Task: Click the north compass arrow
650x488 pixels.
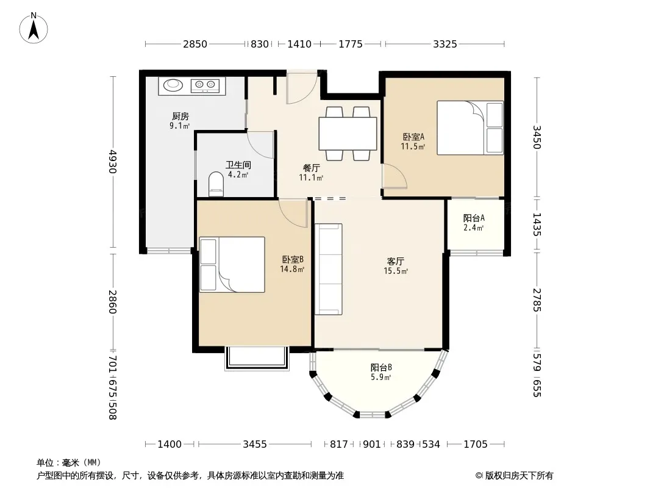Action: pos(34,29)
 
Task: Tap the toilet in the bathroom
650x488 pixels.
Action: pos(216,184)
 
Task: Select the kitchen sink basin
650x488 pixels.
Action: pos(173,85)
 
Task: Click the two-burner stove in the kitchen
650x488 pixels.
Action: pos(205,85)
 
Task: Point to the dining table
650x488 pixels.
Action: pos(348,134)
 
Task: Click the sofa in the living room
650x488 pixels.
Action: pos(328,269)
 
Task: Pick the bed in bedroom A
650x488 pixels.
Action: pos(470,127)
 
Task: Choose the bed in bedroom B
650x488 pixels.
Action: pos(232,265)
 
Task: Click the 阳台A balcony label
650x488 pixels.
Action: pos(474,218)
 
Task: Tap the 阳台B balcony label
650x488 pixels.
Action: pos(381,367)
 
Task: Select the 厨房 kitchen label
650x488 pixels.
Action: pos(180,116)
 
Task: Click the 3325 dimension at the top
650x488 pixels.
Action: pos(445,44)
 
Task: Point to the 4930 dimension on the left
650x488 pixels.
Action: pos(113,162)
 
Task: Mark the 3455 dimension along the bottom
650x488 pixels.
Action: pos(254,444)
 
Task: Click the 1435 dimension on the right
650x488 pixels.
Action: pos(537,224)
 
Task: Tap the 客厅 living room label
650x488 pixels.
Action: pos(396,261)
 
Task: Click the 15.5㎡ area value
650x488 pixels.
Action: pos(396,271)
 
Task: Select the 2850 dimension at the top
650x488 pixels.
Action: pos(195,44)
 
